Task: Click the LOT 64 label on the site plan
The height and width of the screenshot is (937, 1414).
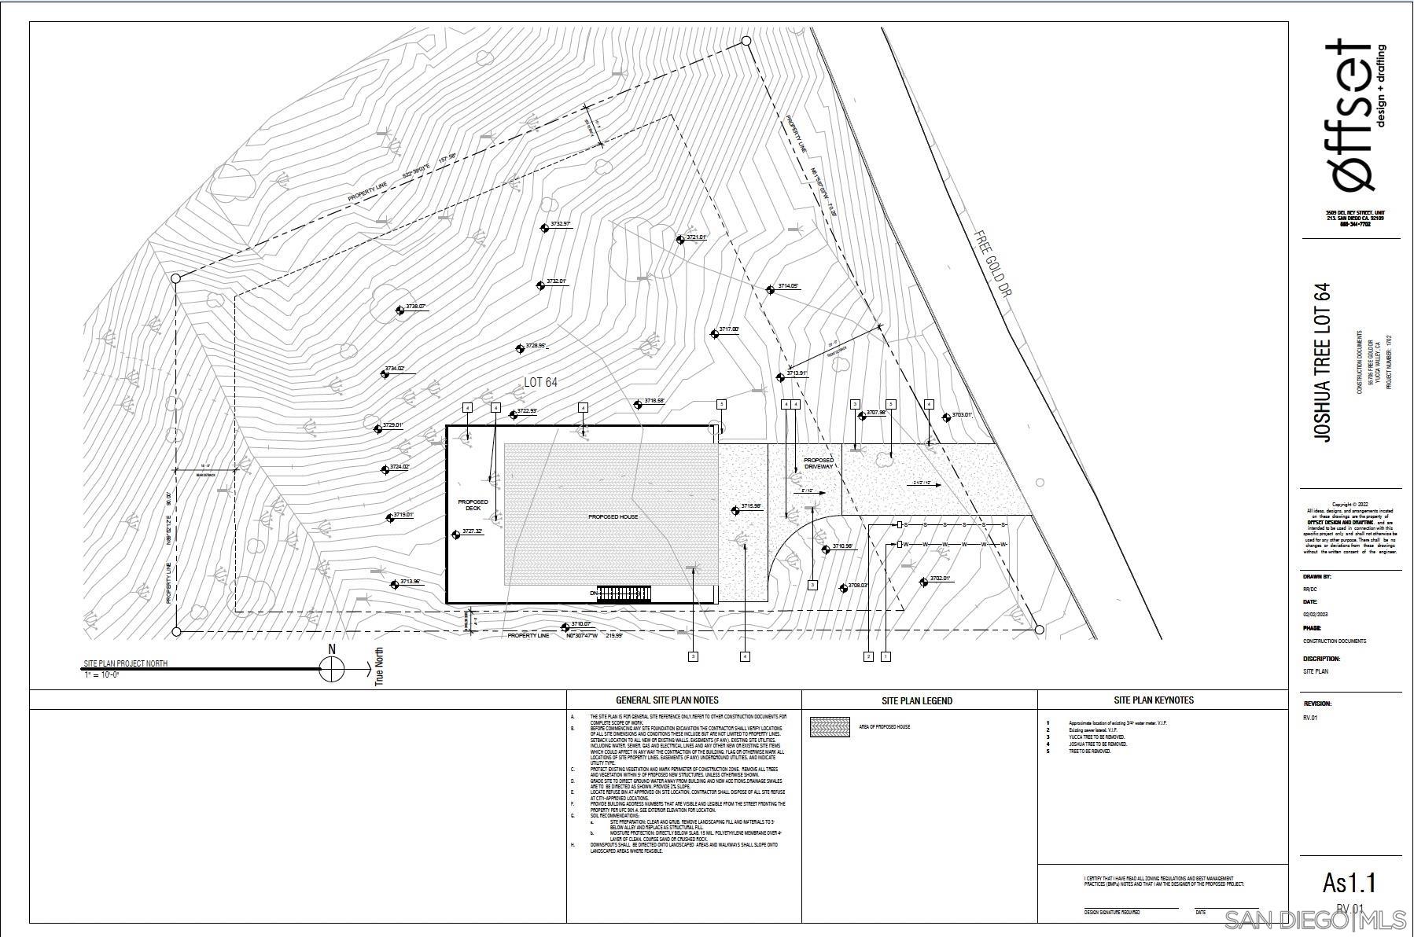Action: pos(540,383)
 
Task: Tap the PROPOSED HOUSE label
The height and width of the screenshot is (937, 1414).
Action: pos(613,516)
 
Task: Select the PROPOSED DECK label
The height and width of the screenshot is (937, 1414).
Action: pos(473,505)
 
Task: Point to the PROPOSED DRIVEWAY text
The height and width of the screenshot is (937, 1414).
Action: pos(818,463)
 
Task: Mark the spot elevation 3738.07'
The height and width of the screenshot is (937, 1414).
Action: pos(414,307)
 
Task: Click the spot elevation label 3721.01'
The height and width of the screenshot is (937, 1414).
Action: pos(695,237)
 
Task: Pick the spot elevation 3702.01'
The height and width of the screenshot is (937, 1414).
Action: pos(939,579)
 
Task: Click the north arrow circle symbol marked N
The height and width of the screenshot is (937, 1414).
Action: pos(332,670)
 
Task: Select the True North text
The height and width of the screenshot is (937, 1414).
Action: pos(379,667)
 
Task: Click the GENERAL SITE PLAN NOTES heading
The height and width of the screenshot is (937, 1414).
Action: pos(666,700)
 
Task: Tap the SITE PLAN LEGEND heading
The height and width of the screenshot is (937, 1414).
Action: pos(916,700)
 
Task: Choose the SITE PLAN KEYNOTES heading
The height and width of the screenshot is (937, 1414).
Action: pos(1153,700)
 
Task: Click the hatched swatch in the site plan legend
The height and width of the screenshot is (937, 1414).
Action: pos(830,726)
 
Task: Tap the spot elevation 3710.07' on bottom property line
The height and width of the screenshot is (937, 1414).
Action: pos(580,624)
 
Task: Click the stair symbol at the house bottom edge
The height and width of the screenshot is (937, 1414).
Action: pos(624,593)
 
